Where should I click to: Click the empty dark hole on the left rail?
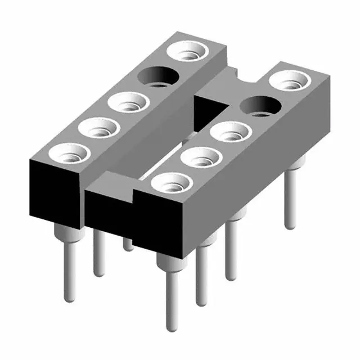[x=159, y=76]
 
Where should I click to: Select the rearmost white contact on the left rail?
[x=190, y=52]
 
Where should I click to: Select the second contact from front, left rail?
[x=100, y=128]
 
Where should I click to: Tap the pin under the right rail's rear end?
[x=290, y=197]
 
